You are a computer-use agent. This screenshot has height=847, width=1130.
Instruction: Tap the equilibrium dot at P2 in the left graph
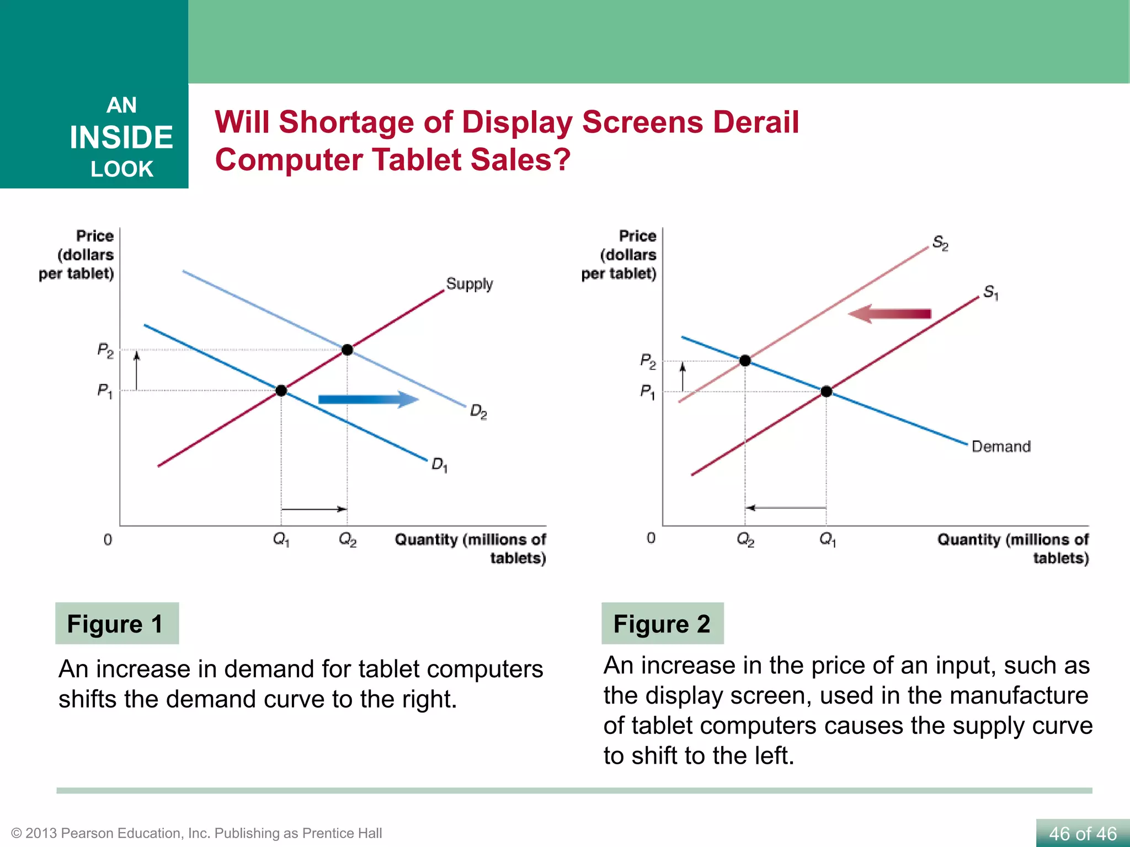point(347,350)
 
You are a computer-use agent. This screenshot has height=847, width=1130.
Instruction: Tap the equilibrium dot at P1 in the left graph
point(281,390)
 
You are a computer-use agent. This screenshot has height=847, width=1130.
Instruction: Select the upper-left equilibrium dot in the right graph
point(745,361)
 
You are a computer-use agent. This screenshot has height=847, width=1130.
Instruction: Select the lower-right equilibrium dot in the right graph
point(826,392)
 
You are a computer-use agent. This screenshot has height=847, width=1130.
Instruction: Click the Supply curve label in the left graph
point(469,284)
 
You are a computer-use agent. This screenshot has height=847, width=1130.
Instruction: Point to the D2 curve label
point(478,411)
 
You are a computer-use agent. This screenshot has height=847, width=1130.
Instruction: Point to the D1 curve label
point(439,464)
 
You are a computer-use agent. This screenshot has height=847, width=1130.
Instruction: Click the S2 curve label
point(940,243)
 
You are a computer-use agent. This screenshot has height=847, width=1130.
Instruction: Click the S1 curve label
point(991,292)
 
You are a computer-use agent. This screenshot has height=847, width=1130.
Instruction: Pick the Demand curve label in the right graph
point(1001,446)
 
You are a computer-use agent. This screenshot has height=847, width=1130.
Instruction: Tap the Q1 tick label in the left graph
point(281,539)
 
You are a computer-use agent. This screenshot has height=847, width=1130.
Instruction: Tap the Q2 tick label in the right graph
point(745,539)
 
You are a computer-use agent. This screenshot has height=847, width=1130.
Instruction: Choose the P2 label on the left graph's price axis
point(105,350)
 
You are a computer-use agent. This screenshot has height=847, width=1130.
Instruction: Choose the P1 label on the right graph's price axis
point(648,392)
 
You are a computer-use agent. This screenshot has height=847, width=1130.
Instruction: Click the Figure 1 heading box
point(117,624)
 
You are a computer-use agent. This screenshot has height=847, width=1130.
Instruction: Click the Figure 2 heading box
point(662,624)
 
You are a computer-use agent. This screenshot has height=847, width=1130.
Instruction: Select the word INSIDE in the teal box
point(121,137)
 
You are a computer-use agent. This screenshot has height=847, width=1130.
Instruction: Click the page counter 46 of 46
point(1083,833)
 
